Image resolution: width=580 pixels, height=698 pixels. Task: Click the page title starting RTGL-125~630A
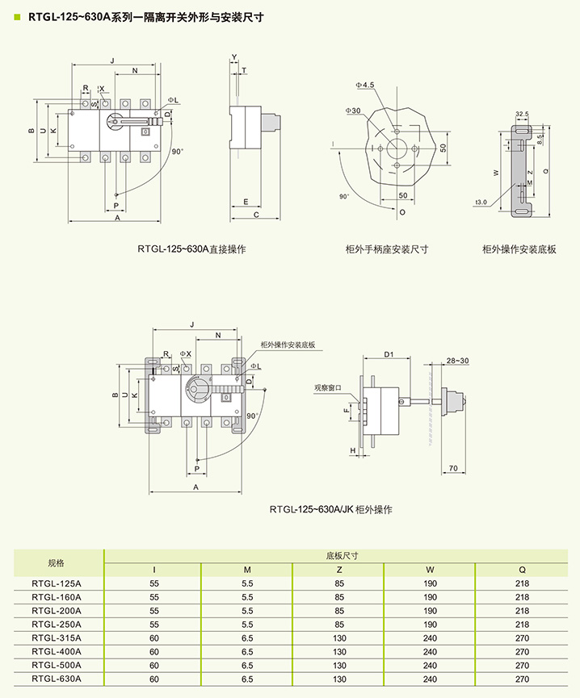pos(145,16)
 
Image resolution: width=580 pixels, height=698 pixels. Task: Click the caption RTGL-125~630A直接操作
pos(191,249)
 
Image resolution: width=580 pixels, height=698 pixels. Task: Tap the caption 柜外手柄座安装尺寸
pos(386,249)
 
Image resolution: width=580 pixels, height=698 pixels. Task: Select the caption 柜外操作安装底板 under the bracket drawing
pos(519,249)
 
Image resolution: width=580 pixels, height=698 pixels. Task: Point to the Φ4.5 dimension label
pos(366,85)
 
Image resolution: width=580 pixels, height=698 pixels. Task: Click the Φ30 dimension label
pos(352,111)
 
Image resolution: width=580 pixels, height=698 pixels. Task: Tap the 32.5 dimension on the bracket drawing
pos(522,114)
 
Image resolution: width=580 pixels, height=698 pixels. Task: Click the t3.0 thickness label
pos(481,202)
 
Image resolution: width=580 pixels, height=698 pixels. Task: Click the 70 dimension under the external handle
pos(452,467)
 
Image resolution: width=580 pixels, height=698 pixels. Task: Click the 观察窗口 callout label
pos(329,387)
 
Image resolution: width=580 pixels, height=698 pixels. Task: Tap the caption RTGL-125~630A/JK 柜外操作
pos(331,509)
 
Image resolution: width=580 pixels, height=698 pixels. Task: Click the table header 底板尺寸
pos(341,556)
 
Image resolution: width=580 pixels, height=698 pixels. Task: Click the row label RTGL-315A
pos(57,638)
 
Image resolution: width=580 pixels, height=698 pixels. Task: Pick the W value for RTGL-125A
pos(431,583)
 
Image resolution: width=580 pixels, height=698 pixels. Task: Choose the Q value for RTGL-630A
pos(522,679)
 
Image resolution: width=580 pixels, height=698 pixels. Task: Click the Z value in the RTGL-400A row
pos(339,652)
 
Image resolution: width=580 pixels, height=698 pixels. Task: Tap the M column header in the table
pos(247,569)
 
